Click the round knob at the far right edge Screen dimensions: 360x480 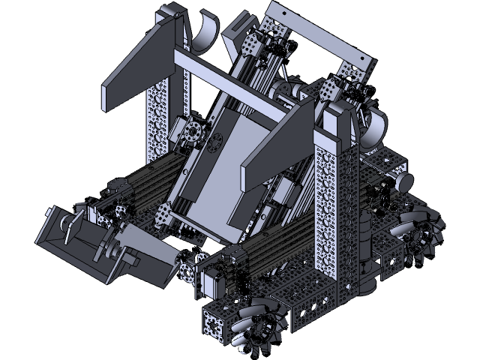coord(406,182)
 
